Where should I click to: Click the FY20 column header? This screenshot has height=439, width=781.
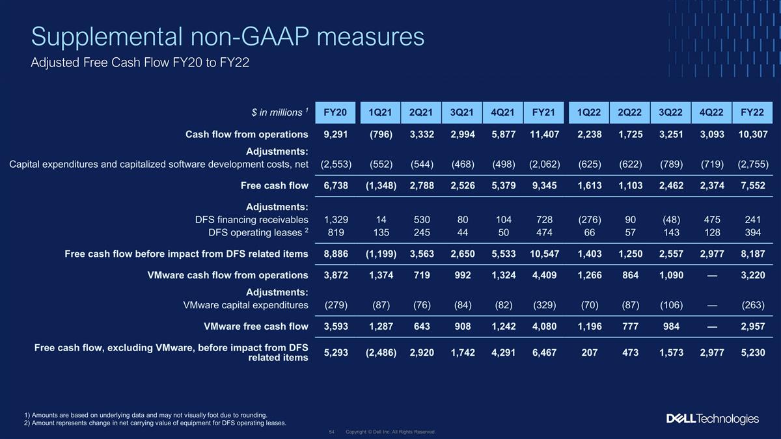335,113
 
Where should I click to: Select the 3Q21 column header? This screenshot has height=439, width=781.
461,113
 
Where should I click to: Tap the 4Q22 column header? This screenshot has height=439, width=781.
711,113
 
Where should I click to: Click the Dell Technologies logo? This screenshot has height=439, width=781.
712,418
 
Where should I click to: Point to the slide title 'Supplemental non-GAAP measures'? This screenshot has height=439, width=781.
228,36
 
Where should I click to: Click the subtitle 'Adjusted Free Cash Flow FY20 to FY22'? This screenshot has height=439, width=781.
140,62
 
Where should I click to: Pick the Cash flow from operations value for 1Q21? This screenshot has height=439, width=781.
381,135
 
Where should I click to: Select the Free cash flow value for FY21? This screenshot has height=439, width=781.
544,186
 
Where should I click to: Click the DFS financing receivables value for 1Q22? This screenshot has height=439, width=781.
589,220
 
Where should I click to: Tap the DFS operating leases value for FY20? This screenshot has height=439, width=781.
335,232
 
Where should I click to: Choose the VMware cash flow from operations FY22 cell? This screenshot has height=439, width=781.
753,275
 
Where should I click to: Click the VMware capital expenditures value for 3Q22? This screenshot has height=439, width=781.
671,305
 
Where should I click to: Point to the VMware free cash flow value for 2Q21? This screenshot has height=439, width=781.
422,326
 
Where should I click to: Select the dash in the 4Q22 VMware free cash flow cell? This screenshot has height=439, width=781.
712,326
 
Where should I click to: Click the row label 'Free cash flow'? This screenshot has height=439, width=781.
275,186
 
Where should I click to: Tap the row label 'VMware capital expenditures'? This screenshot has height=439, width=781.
245,305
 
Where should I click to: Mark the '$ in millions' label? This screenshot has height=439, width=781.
280,112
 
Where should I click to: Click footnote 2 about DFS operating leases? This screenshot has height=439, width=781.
155,423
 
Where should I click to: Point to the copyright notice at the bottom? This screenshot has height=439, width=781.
390,432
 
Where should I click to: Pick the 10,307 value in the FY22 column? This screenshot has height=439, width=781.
753,135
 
